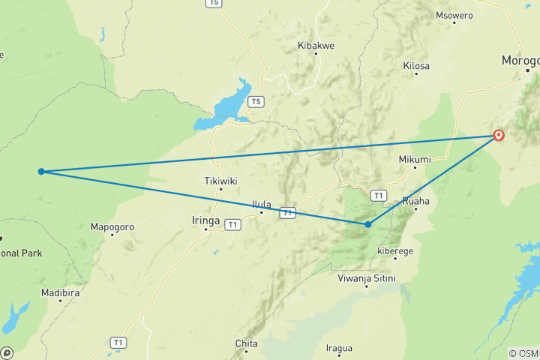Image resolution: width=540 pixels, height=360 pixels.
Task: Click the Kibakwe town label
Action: tap(316, 46)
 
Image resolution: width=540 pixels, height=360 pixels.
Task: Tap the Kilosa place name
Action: tap(416, 66)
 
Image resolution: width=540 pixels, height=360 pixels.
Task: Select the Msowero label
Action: tap(454, 15)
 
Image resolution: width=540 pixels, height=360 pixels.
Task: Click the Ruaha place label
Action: tap(415, 201)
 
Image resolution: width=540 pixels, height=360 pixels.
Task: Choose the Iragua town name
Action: tap(340, 347)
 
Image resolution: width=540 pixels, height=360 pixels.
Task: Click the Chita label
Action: tap(247, 343)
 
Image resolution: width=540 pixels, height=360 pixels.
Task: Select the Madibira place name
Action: tap(60, 293)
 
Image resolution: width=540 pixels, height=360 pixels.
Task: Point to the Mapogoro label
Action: tap(112, 226)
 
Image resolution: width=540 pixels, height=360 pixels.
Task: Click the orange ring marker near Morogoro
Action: tap(499, 136)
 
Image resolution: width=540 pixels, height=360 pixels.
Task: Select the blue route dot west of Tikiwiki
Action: tap(41, 172)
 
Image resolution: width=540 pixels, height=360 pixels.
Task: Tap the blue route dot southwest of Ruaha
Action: tap(367, 224)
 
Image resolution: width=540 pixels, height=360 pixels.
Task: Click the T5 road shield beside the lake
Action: tap(256, 101)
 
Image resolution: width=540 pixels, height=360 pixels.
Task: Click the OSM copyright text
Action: tap(523, 353)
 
